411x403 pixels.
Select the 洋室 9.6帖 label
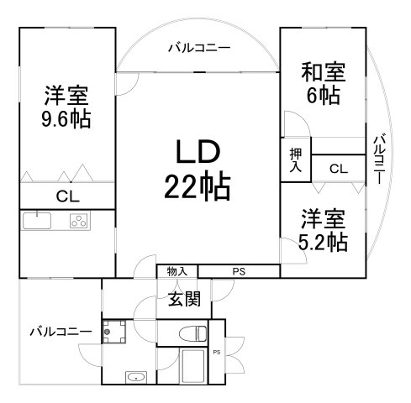click(x=67, y=106)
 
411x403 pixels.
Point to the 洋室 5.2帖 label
click(x=323, y=232)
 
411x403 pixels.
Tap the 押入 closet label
click(x=295, y=160)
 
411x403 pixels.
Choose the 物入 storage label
click(x=177, y=270)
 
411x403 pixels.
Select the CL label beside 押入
click(x=338, y=169)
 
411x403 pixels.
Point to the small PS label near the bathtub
click(x=217, y=352)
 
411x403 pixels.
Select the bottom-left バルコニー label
click(x=60, y=331)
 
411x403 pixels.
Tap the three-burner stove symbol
click(x=79, y=222)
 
